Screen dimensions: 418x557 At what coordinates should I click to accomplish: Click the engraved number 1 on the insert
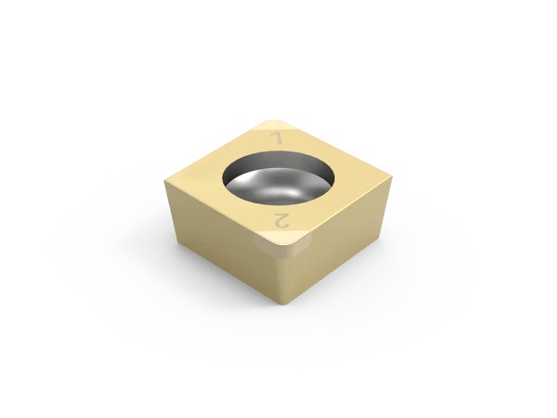coord(276,137)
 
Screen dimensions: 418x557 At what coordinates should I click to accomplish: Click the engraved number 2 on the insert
coord(282,221)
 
